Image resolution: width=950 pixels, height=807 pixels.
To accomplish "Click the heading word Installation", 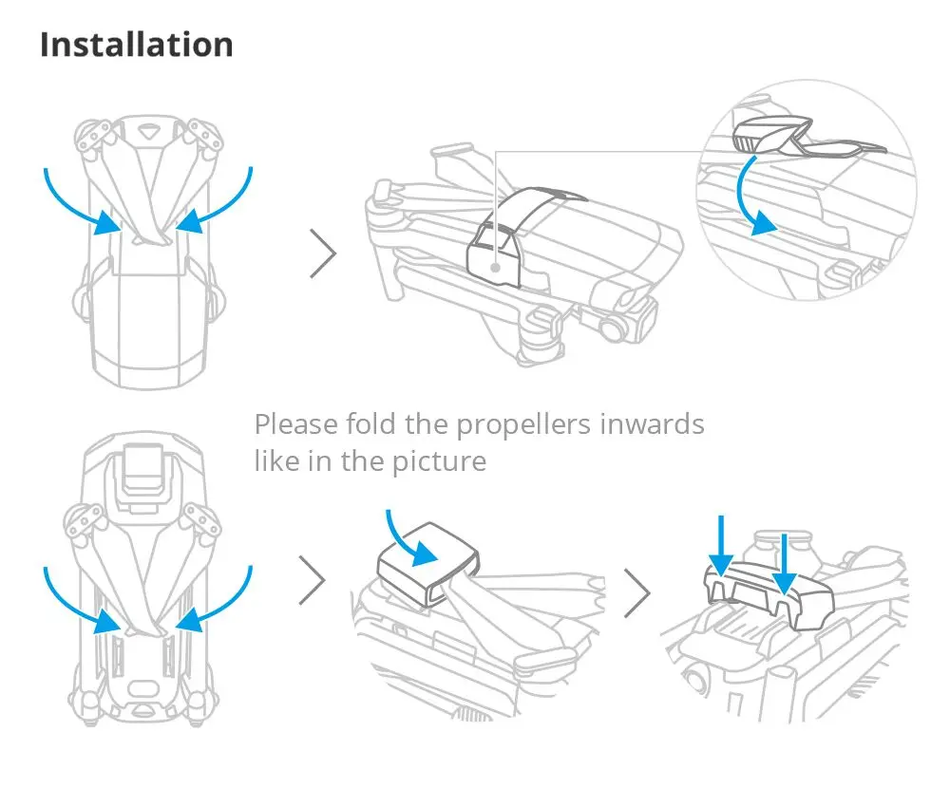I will tap(136, 46).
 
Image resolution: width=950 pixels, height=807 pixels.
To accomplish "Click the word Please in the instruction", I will tap(292, 423).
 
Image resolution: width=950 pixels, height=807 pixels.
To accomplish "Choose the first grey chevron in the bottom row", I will tap(312, 580).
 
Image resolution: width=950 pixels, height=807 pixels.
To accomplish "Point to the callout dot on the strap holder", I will tap(497, 267).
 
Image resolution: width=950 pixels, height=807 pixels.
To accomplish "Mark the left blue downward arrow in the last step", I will tap(721, 546).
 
